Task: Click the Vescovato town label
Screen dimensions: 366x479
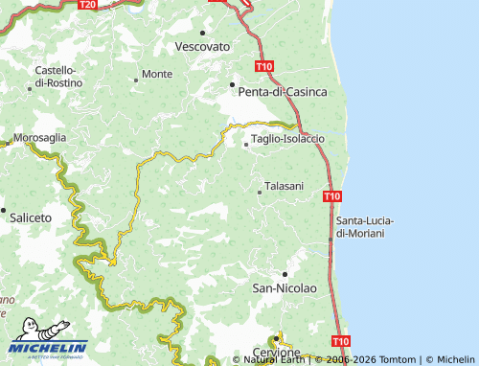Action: click(x=203, y=46)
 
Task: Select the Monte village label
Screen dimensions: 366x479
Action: click(x=157, y=74)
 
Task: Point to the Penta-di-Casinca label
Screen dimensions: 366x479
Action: click(x=283, y=92)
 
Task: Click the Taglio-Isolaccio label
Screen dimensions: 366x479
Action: click(x=288, y=139)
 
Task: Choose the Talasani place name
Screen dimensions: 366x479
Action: click(x=284, y=186)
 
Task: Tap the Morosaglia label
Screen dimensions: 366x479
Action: click(x=39, y=138)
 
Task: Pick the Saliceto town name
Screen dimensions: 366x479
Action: click(x=31, y=218)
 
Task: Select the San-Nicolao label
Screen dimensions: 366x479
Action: click(x=283, y=287)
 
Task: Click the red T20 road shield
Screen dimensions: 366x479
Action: click(x=87, y=5)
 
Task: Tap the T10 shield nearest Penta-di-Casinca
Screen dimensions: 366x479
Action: click(x=264, y=66)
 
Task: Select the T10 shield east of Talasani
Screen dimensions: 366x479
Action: click(x=331, y=196)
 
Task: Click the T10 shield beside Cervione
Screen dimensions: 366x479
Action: click(x=340, y=340)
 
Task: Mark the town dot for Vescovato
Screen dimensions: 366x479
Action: click(x=203, y=33)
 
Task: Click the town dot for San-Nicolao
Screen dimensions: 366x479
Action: click(x=284, y=274)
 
